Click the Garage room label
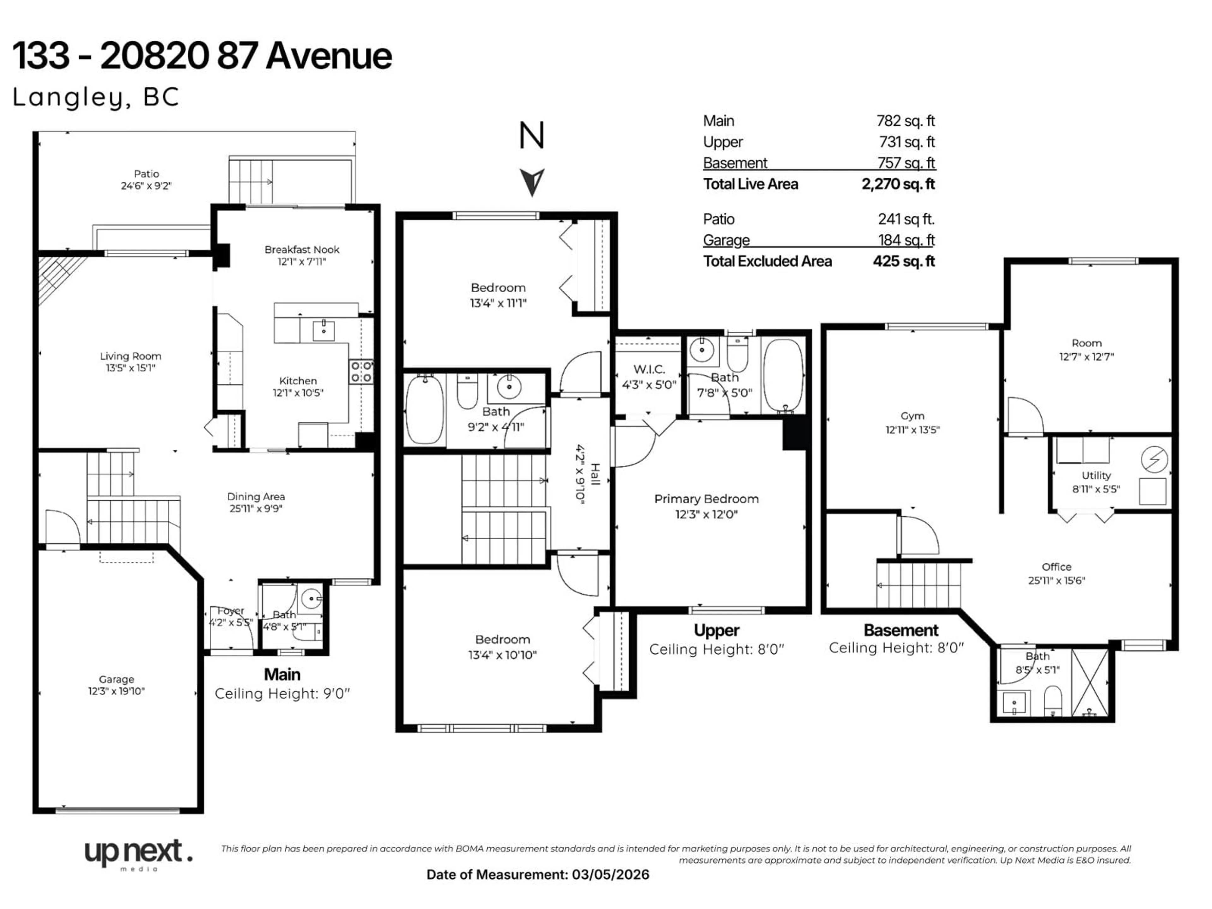point(116,680)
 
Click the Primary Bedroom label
point(706,499)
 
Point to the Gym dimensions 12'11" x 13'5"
point(912,430)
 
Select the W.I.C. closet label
point(649,369)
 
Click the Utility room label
point(1096,476)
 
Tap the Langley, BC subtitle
point(96,98)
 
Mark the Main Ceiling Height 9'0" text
point(282,694)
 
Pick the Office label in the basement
point(1056,567)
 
